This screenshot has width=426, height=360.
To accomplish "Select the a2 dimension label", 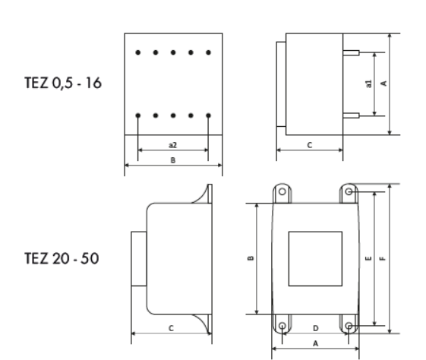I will click(x=172, y=144).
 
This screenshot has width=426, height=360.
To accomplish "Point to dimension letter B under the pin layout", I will click(x=172, y=161).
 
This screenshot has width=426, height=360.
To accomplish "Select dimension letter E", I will click(x=368, y=259).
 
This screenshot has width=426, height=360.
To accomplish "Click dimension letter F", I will click(x=381, y=259).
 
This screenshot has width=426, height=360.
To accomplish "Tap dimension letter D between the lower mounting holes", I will click(x=315, y=327).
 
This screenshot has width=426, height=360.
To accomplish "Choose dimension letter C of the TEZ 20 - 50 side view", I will click(x=170, y=327).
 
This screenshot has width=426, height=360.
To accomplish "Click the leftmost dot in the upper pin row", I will click(x=137, y=53).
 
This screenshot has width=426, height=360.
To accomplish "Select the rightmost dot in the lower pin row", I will click(x=208, y=115).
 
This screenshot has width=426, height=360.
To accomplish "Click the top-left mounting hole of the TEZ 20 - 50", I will click(x=282, y=193).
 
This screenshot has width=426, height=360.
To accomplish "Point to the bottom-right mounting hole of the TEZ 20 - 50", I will click(x=349, y=326).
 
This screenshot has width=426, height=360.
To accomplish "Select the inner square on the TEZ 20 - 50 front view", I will click(x=315, y=259).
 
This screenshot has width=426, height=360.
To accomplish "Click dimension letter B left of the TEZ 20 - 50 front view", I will click(x=251, y=259).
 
